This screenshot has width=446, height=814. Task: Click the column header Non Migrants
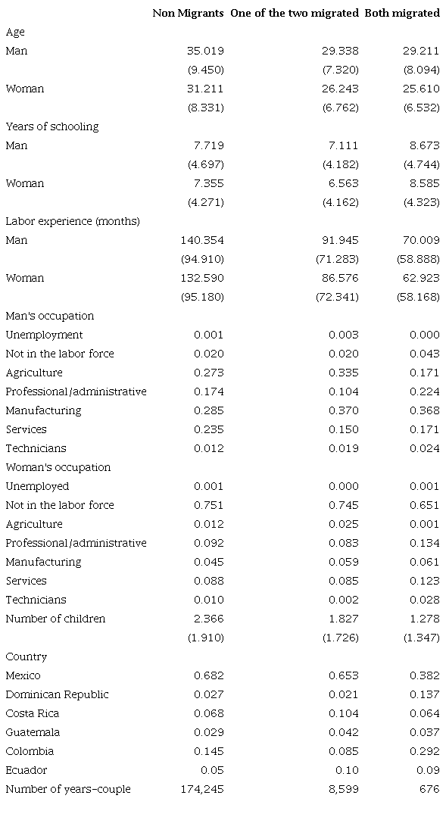point(188,13)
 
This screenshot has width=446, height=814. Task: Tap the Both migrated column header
point(402,13)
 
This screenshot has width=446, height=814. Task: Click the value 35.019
point(205,51)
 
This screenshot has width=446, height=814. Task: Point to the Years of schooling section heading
point(52,126)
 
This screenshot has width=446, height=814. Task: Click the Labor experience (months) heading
point(73,221)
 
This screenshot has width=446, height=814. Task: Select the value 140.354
point(202,240)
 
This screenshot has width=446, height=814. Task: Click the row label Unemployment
point(44,335)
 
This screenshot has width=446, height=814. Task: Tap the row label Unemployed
point(37,486)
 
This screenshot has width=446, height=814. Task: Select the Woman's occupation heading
point(58,467)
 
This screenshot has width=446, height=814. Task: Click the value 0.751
point(209,505)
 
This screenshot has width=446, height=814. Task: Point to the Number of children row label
point(55,619)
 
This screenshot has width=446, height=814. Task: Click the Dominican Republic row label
point(57,694)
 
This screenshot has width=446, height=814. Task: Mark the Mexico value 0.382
point(424,675)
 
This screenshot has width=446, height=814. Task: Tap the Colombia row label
point(30,751)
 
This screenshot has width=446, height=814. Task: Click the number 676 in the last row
point(429,789)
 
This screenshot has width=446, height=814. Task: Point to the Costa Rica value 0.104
point(344,713)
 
